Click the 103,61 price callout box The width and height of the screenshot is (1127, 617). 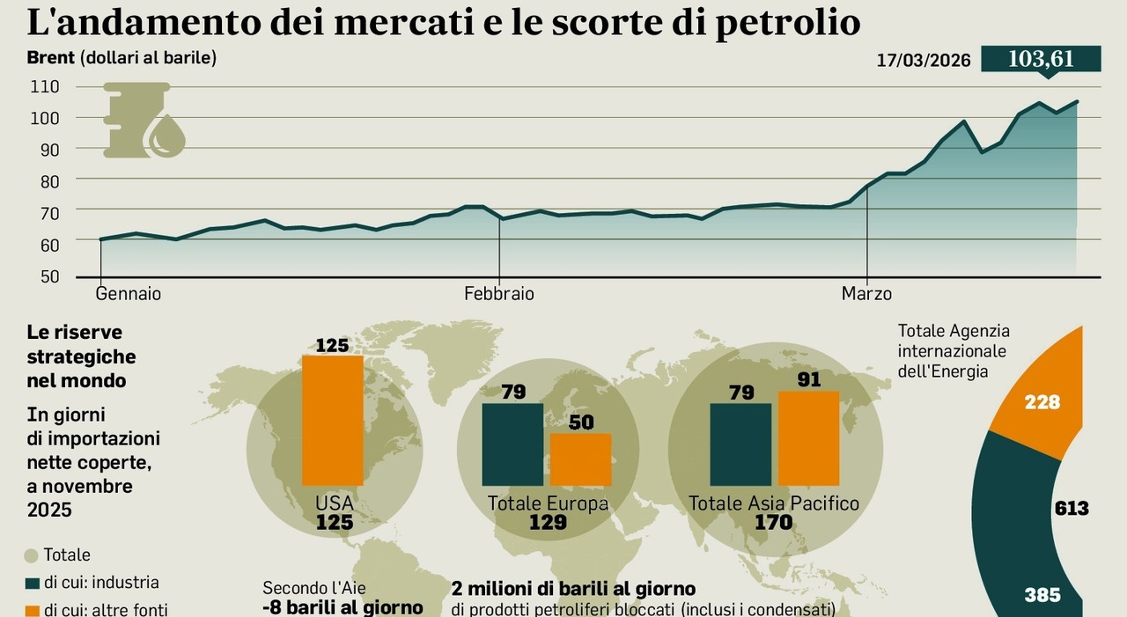pos(1041,59)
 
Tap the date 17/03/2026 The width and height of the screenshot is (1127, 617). pos(924,61)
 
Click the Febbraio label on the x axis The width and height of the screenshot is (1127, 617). pos(499,294)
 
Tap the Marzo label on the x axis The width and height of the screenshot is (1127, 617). pos(866,294)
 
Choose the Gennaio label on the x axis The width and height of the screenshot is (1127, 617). pos(129,294)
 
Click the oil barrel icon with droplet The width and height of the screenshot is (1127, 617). pos(144,121)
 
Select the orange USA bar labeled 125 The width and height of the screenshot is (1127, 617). pos(332,420)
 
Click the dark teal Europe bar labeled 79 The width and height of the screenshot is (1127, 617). pos(512,444)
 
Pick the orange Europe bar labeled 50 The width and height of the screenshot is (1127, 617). pos(580,459)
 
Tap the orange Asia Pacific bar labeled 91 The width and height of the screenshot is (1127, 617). pos(808,437)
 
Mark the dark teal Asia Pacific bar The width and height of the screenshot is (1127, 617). pos(740,444)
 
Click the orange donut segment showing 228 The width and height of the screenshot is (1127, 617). pos(1042,400)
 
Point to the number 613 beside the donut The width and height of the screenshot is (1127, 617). pos(1071,509)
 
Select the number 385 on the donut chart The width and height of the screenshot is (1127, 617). pos(1042,595)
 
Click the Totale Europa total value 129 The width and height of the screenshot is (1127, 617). pos(547,523)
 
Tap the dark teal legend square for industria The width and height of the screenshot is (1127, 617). pos(33,583)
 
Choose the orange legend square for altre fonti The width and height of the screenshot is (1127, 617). pos(33,609)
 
